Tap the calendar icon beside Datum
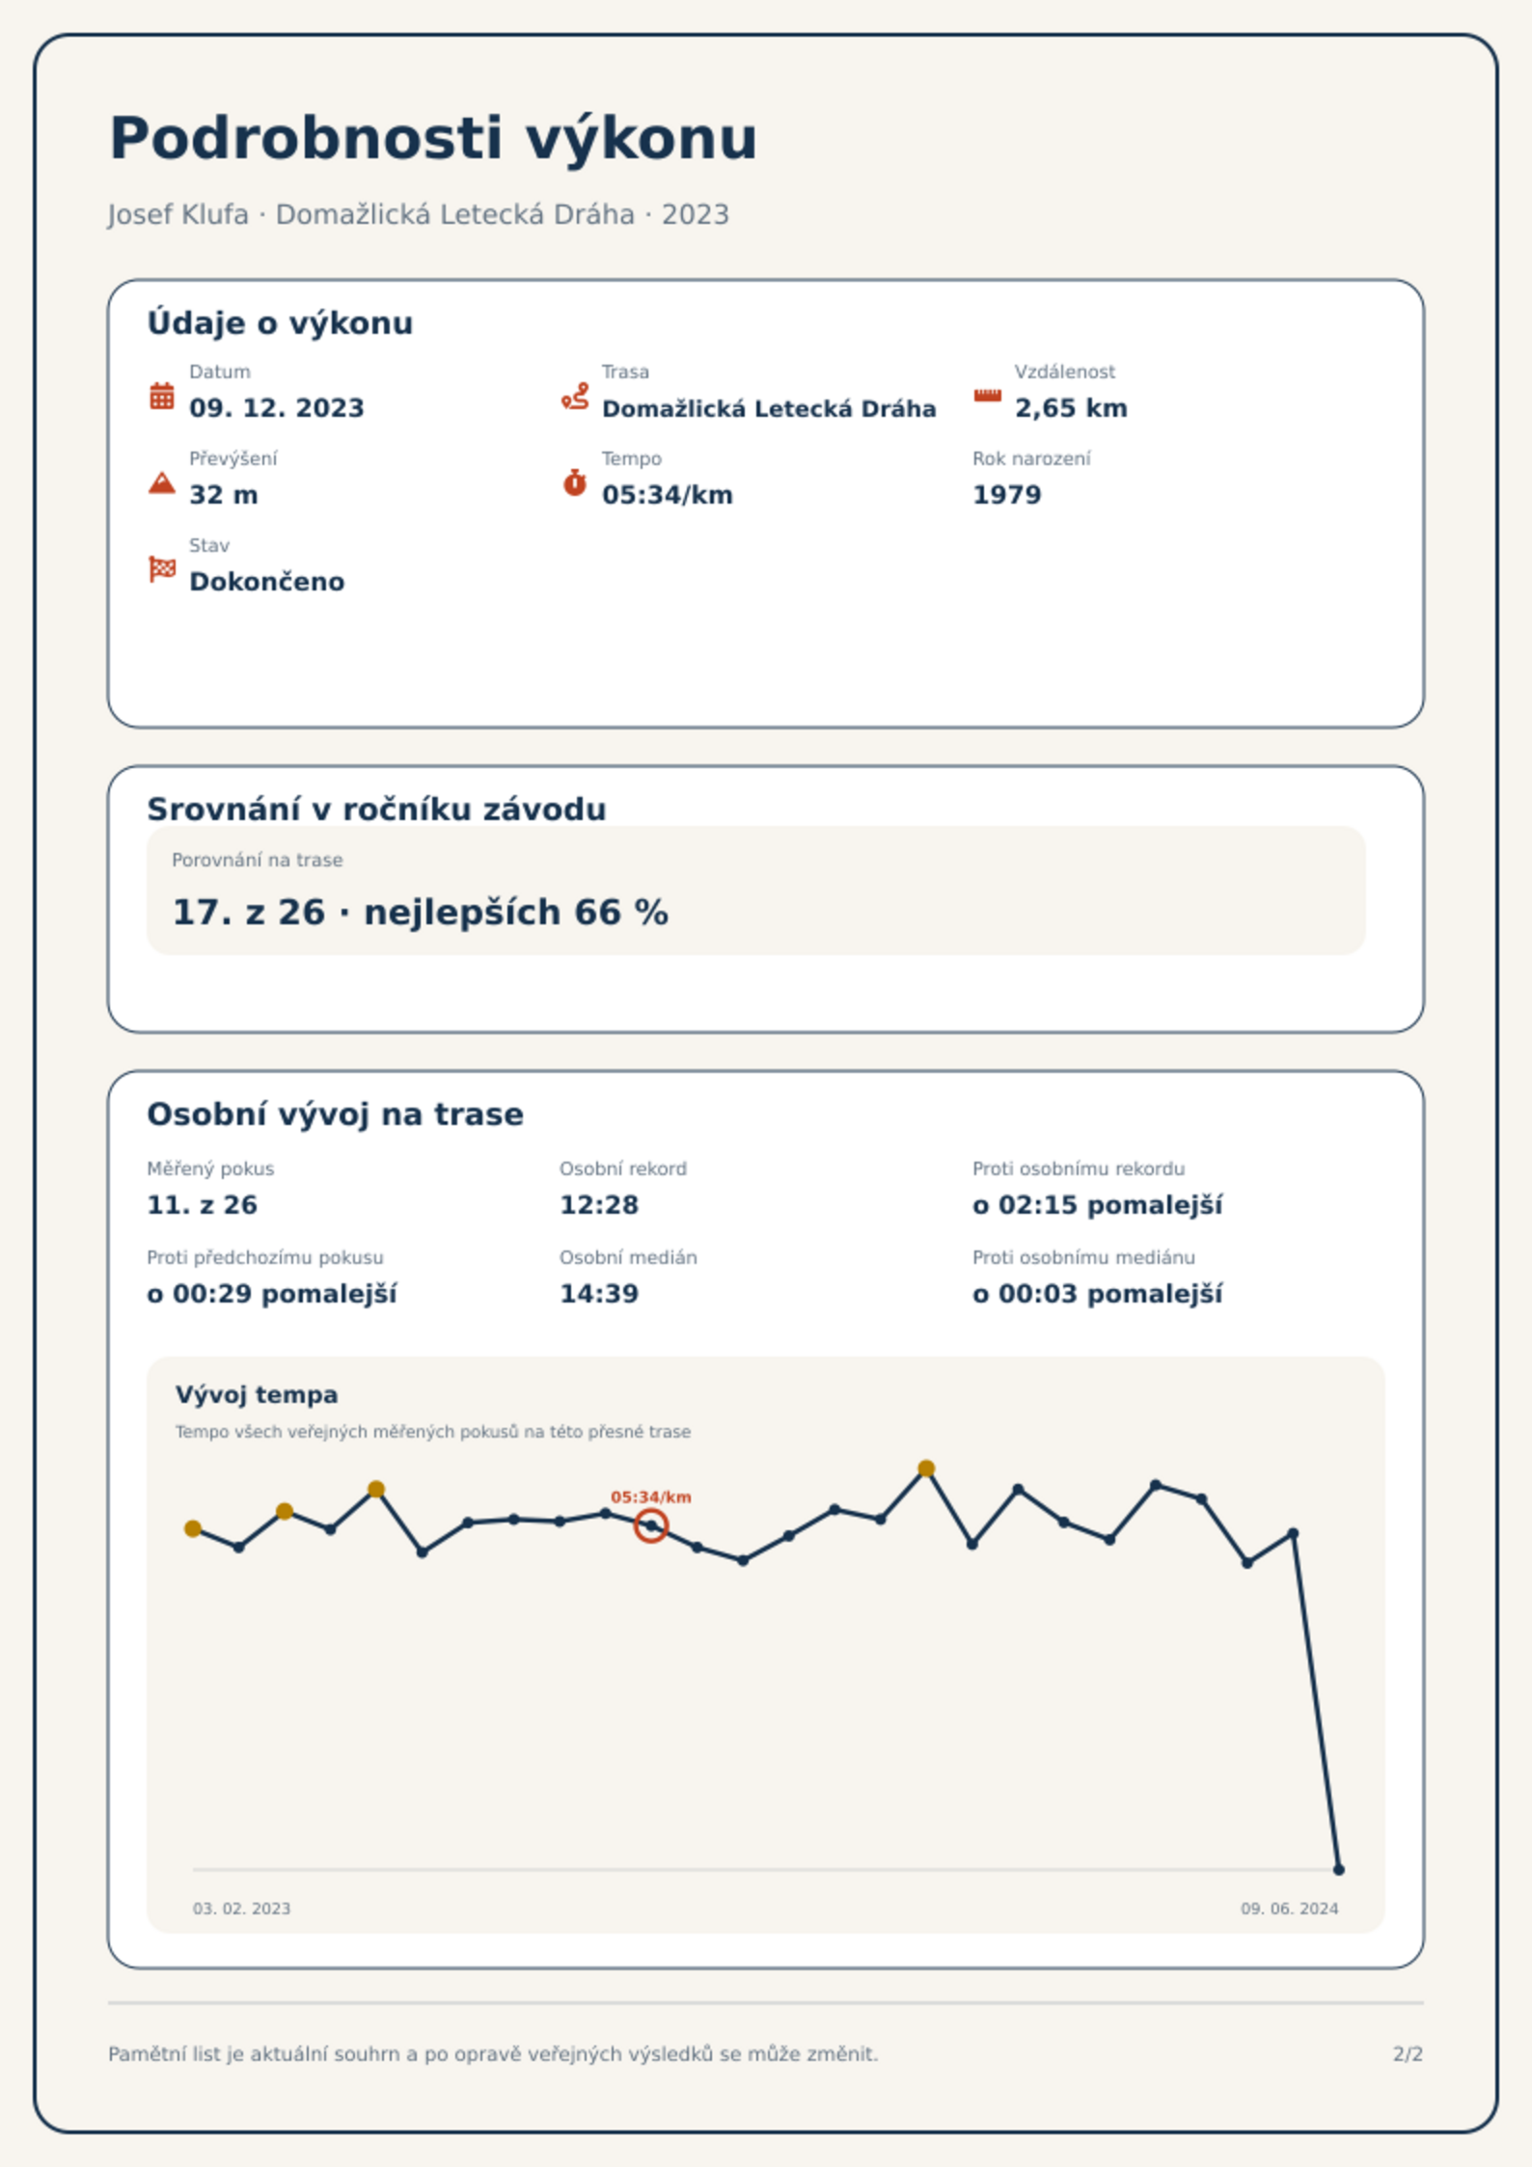click(162, 396)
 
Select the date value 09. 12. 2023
click(277, 408)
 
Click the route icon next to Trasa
click(575, 397)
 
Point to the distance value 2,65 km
click(1071, 408)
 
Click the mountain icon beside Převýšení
click(162, 482)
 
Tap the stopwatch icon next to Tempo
click(575, 482)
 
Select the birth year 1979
click(1007, 495)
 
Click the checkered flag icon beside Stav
click(162, 569)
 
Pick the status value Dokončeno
click(267, 582)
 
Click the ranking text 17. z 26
click(249, 912)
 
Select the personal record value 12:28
click(599, 1205)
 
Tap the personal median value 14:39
click(599, 1294)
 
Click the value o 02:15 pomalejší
click(1098, 1205)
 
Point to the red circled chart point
click(651, 1525)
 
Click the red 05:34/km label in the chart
click(651, 1497)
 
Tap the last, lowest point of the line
click(1339, 1870)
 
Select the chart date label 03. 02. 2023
click(241, 1908)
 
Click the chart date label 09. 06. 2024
click(1290, 1908)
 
